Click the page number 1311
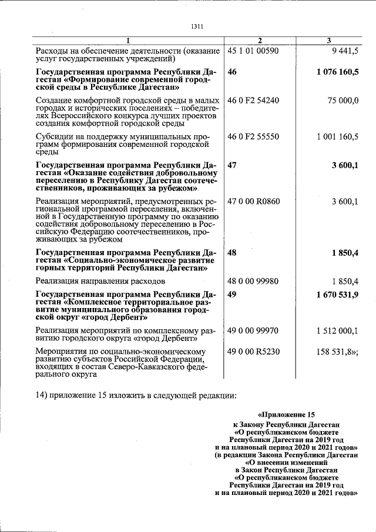[197, 26]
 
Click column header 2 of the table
[259, 40]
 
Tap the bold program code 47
[231, 165]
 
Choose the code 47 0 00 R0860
[254, 201]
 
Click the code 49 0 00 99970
[253, 331]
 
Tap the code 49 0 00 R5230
[253, 352]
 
